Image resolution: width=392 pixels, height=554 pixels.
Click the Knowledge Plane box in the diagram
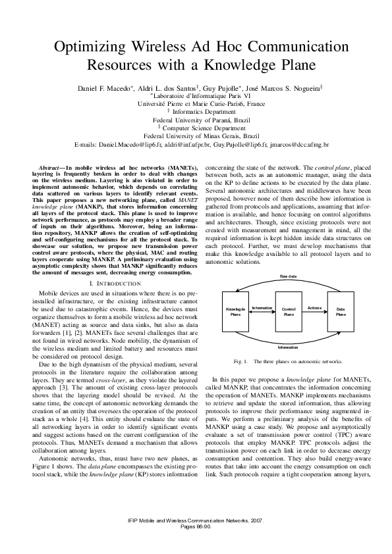235,311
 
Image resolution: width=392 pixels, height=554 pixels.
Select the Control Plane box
288,311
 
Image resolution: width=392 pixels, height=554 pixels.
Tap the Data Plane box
341,311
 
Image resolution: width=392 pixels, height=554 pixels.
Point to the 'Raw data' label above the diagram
288,276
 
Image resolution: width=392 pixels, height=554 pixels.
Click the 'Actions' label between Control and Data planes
314,307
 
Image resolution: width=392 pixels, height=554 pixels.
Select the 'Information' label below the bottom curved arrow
288,346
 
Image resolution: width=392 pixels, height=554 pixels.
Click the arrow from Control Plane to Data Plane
314,313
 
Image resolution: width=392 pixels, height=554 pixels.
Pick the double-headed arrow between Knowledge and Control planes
262,313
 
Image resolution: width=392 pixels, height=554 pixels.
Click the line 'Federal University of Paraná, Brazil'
196,120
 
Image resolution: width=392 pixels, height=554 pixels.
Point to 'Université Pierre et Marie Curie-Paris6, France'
196,103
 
